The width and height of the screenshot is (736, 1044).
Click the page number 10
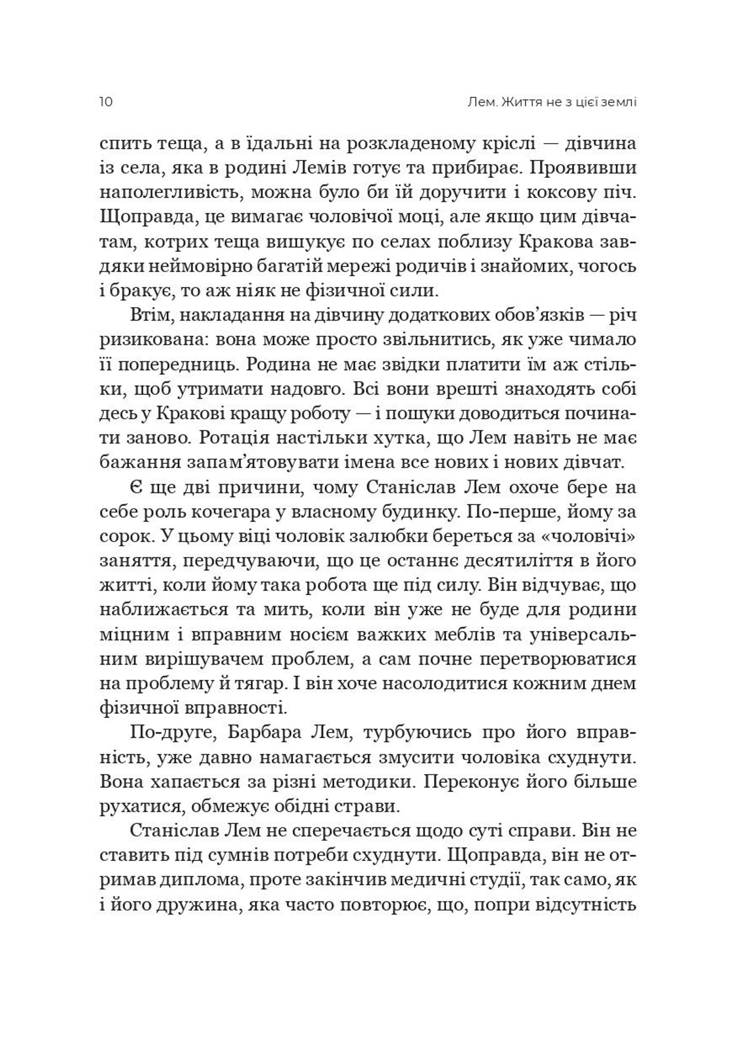click(x=105, y=102)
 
